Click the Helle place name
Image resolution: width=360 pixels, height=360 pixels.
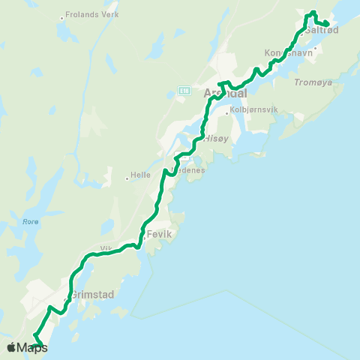[x=141, y=177]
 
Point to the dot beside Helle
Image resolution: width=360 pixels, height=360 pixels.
[x=127, y=178]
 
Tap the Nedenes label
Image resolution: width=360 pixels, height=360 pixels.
[x=190, y=169]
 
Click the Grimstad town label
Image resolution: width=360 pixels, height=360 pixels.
[x=93, y=295]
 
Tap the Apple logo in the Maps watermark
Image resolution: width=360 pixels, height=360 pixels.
[x=11, y=347]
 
